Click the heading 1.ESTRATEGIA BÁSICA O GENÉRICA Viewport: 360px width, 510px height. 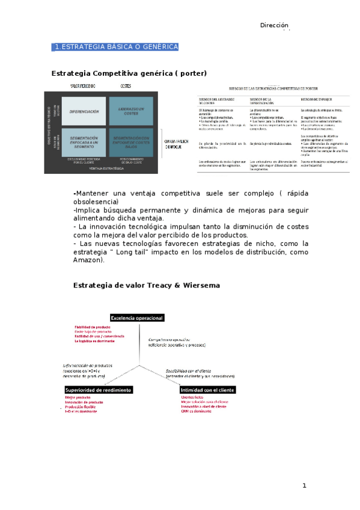coord(115,47)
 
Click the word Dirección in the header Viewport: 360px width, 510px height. coord(275,25)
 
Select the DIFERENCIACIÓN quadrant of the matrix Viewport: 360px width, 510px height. coord(84,112)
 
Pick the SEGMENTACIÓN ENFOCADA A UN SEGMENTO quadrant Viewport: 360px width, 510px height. coord(84,143)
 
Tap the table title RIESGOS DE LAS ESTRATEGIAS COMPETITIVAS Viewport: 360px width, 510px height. coord(275,88)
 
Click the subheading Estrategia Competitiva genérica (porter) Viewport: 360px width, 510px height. coord(130,73)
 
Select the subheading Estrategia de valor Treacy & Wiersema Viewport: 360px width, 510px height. coord(147,284)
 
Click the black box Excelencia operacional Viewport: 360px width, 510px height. coord(137,318)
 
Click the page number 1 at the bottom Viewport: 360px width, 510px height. coord(305,485)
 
